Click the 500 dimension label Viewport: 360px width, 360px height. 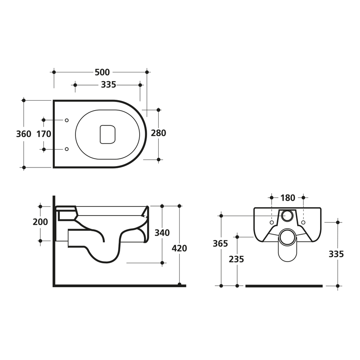[x=102, y=72]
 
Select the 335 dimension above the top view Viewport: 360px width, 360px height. [x=108, y=85]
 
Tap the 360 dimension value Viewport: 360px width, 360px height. [x=24, y=134]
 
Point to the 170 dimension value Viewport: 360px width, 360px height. [x=44, y=134]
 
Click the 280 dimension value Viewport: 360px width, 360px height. [x=158, y=133]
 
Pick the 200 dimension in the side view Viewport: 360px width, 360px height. [x=40, y=222]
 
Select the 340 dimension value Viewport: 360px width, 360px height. [x=162, y=233]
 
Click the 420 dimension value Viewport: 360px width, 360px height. [x=179, y=248]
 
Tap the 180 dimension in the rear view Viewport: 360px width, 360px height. [x=288, y=198]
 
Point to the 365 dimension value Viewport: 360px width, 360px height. [x=220, y=243]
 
